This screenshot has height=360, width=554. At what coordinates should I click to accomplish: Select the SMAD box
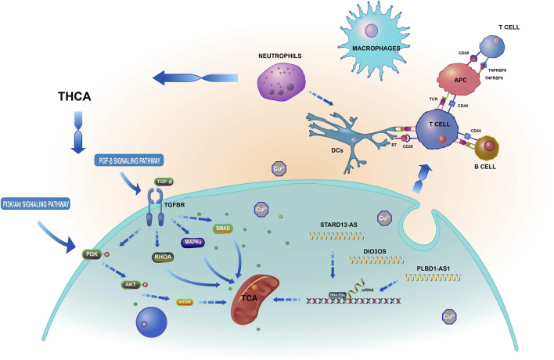pyautogui.click(x=223, y=229)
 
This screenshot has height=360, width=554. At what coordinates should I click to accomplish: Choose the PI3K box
pyautogui.click(x=93, y=253)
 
